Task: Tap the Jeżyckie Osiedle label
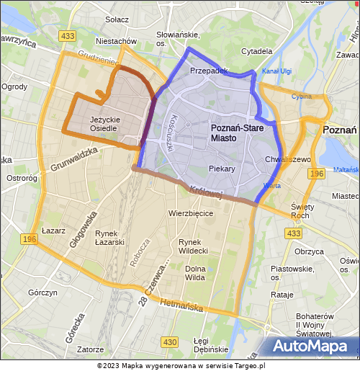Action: [x=104, y=124]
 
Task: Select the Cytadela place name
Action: [x=257, y=51]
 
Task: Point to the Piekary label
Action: [x=222, y=169]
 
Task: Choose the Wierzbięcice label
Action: [x=190, y=213]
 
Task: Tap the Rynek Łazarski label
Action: [x=110, y=238]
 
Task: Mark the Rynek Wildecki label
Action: [x=193, y=246]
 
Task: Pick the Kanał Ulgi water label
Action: [x=276, y=71]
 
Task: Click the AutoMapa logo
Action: [x=315, y=347]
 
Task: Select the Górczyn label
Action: [x=42, y=292]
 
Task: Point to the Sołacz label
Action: [x=117, y=19]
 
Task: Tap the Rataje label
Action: [x=282, y=295]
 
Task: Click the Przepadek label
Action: [x=209, y=71]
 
